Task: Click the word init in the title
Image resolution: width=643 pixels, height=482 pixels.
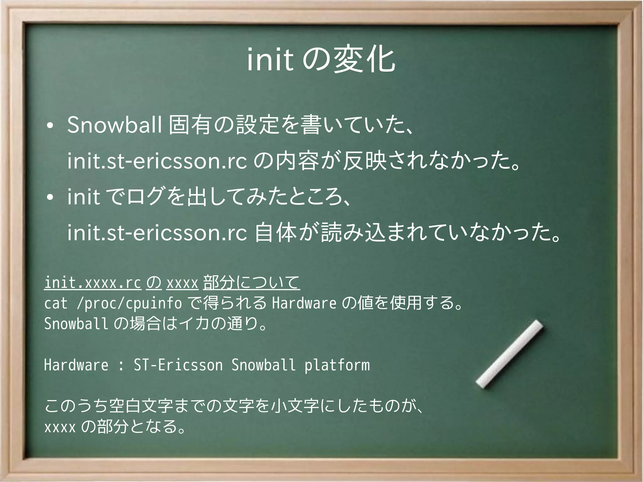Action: point(270,60)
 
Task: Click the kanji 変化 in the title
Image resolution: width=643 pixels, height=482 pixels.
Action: point(365,60)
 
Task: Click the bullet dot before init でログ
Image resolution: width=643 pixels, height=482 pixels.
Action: point(49,198)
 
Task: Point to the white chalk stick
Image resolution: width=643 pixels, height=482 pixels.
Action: point(509,354)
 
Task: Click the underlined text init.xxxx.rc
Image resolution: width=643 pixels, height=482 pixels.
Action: point(93,283)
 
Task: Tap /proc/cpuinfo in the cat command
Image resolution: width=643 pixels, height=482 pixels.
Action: point(129,303)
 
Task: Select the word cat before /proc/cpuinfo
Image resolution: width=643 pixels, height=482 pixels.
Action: point(56,303)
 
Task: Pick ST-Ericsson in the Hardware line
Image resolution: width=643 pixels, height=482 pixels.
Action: point(178,365)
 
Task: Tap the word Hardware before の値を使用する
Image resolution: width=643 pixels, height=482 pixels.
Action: point(304,303)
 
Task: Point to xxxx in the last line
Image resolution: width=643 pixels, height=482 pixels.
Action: point(60,427)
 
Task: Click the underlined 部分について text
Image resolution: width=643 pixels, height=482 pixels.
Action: point(251,283)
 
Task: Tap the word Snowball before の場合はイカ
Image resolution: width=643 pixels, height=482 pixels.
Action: point(76,324)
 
